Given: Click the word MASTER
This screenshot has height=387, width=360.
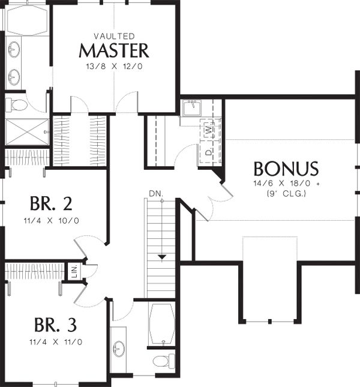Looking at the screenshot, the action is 114,50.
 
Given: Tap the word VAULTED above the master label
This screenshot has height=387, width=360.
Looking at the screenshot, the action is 114,36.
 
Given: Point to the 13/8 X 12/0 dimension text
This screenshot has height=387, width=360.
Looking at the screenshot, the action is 114,67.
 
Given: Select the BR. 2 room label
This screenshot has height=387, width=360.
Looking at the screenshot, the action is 51,203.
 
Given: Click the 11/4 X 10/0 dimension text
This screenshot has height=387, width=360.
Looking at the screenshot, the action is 52,220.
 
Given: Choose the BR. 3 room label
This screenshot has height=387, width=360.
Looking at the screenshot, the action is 56,325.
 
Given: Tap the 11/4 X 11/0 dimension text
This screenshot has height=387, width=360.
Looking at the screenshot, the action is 56,342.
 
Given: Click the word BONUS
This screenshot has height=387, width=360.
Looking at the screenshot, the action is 286,169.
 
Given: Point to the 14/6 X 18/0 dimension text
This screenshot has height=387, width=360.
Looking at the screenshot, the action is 283,184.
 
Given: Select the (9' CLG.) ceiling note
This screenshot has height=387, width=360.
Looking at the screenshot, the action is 286,194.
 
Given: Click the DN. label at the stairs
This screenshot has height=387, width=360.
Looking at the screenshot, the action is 156,193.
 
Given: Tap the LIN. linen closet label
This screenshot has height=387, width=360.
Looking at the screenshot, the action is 75,271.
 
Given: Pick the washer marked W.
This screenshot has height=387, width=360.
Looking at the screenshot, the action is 209,130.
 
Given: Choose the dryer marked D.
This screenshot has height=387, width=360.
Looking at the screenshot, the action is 209,152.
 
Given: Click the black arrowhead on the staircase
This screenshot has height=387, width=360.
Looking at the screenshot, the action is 162,257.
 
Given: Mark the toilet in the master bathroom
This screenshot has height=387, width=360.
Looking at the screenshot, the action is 16,105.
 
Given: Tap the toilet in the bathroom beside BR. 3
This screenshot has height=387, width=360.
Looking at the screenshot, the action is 164,361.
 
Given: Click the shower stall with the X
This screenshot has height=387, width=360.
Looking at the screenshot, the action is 27,132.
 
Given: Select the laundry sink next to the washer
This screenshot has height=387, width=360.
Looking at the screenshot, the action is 192,107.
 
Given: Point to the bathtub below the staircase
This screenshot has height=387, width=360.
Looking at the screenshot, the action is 162,323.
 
